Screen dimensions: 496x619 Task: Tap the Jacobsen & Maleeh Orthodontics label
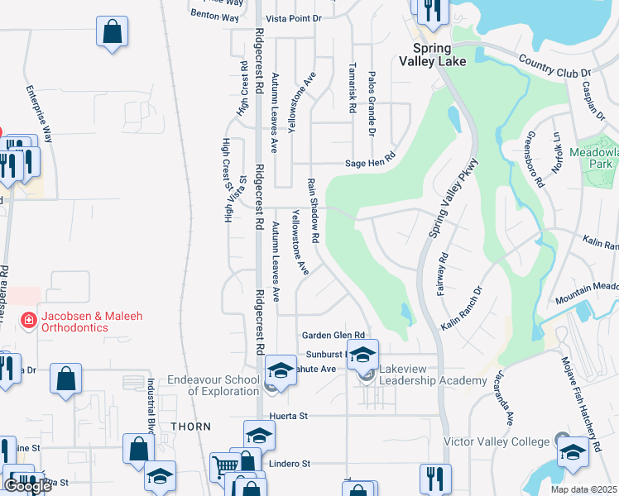click(x=74, y=322)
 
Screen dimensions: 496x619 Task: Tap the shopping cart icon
click(x=223, y=467)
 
